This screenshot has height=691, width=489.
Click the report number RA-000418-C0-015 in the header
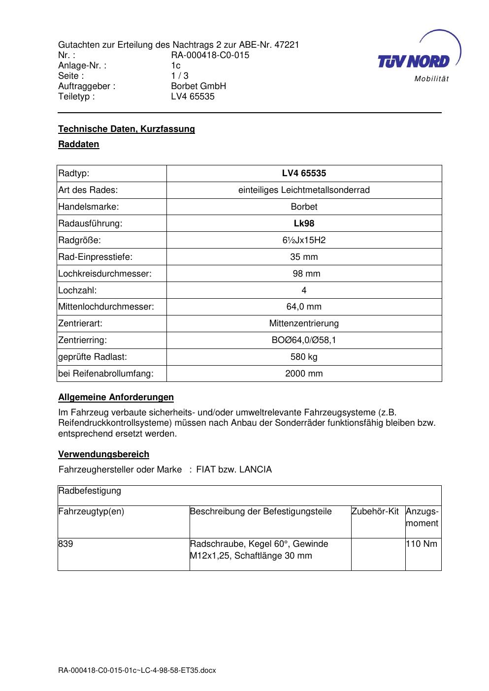[210, 55]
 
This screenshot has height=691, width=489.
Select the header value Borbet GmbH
[198, 86]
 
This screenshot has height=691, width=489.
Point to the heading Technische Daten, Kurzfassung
[127, 129]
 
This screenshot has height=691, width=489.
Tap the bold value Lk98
[304, 223]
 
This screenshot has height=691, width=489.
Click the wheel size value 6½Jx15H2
[304, 240]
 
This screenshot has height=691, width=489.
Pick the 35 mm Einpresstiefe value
[304, 257]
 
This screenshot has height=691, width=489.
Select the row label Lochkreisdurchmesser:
[105, 274]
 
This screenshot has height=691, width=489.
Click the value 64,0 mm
[304, 307]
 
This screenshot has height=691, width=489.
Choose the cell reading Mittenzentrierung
[304, 323]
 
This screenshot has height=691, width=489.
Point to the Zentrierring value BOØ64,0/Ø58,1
[304, 340]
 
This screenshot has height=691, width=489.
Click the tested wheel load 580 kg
[304, 357]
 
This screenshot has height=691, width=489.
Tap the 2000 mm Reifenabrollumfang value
[304, 374]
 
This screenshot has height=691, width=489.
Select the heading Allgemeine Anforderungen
[116, 397]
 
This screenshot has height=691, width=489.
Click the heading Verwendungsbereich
[103, 454]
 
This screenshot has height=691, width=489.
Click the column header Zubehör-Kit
[375, 511]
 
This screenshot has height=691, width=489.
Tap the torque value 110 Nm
[422, 544]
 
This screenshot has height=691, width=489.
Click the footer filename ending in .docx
[137, 670]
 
